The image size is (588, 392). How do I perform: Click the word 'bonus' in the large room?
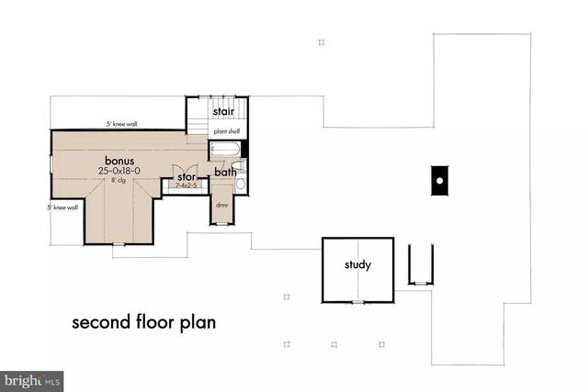[x=119, y=160]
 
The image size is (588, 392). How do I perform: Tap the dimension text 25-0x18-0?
[x=119, y=171]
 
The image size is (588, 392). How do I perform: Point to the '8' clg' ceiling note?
[x=119, y=181]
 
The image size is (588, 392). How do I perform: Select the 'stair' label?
[x=222, y=112]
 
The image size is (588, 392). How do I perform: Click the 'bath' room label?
[x=225, y=172]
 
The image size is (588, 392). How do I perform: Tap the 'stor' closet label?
[x=187, y=176]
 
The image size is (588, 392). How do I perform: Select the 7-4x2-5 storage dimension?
[x=187, y=186]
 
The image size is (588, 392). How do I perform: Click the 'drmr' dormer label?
[x=222, y=206]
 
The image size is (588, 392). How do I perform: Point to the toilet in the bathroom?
[x=240, y=184]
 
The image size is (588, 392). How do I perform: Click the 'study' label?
[x=357, y=266]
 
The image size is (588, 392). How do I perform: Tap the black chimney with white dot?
[x=440, y=180]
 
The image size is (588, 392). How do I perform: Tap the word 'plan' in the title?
[x=198, y=323]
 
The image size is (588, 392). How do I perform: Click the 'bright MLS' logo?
[x=32, y=379]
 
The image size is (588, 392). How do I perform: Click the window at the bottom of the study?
[x=357, y=300]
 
